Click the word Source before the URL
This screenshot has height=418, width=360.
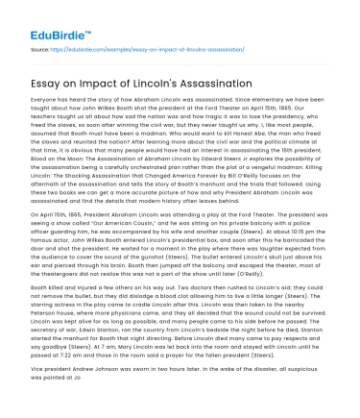40,46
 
